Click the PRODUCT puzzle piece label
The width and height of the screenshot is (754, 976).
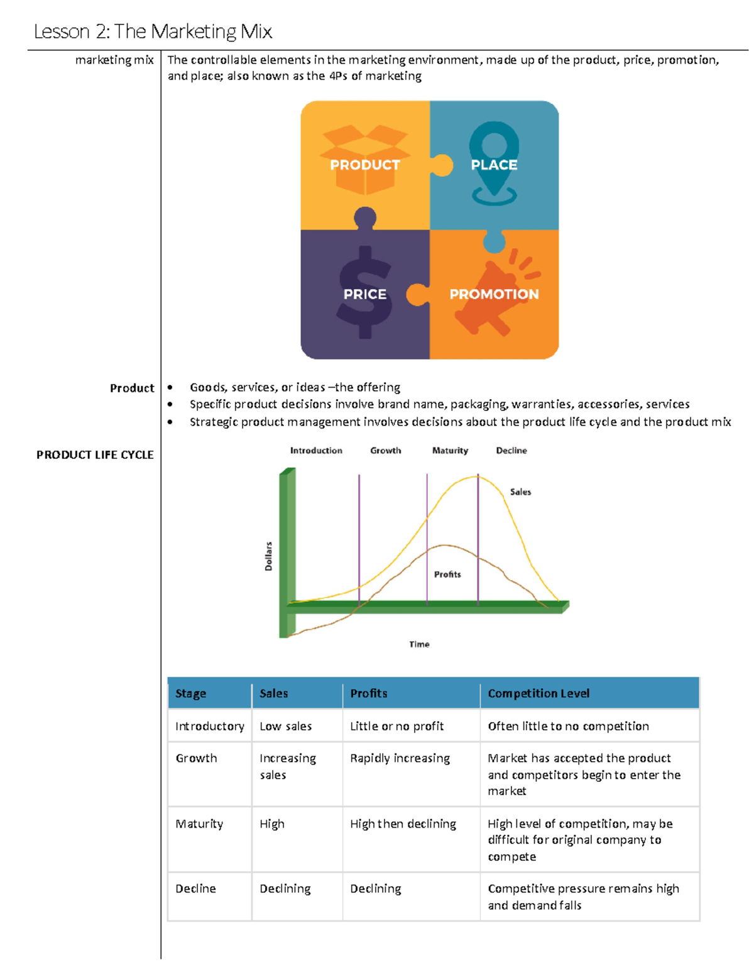[365, 165]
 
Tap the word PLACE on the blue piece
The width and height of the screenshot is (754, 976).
[494, 165]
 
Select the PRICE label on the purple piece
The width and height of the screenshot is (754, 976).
[364, 294]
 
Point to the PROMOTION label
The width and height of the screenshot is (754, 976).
[494, 294]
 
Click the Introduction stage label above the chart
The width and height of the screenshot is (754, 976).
[316, 451]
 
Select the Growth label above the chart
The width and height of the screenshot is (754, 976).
[385, 451]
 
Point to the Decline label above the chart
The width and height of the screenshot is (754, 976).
[511, 451]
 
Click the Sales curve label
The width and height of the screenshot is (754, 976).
[520, 492]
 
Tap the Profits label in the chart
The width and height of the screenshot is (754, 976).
[447, 574]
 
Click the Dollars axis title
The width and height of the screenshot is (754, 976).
[269, 556]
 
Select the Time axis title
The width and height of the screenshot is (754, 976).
[419, 644]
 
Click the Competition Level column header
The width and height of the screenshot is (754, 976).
[538, 693]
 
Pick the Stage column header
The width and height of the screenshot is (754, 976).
[191, 693]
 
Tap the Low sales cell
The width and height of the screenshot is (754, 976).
[286, 726]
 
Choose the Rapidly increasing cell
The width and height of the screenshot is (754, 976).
[400, 758]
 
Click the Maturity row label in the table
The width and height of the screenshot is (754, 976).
[199, 823]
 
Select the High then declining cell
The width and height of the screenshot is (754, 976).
[403, 823]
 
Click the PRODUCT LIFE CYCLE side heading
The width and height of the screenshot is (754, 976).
[95, 454]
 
